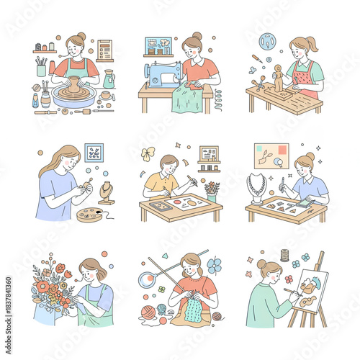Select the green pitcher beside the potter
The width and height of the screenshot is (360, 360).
tap(109, 78)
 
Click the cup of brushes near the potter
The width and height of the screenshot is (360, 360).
tap(42, 68)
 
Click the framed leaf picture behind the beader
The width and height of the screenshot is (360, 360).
tap(94, 152)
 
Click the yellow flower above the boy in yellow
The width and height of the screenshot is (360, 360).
tap(148, 153)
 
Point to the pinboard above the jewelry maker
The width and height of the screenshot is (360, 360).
tap(270, 155)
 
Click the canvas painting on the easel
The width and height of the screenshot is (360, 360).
tap(310, 287)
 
